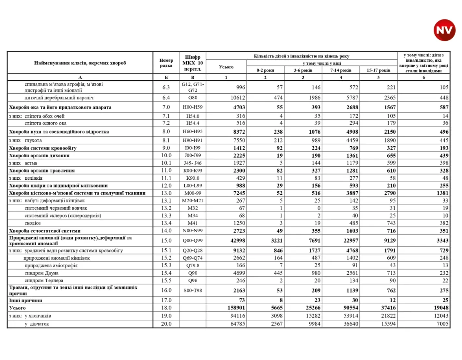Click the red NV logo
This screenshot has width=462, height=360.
(444, 30)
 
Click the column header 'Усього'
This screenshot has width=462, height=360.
(226, 67)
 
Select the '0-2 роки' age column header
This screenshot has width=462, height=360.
(265, 70)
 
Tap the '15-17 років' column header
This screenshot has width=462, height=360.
(378, 70)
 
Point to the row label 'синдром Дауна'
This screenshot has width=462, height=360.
(42, 273)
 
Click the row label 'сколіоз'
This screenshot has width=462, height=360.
(33, 223)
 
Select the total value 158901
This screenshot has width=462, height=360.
(236, 308)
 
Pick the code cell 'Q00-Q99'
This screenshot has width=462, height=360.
(192, 241)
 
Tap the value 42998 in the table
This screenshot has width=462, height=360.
(238, 241)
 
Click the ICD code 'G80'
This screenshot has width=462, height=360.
(192, 98)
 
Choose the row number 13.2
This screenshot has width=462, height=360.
(166, 208)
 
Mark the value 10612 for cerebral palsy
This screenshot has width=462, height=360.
(238, 98)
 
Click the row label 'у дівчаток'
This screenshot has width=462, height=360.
(37, 324)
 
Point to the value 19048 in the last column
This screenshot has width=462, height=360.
(441, 308)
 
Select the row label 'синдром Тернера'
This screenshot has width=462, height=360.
(44, 281)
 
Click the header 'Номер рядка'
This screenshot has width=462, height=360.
(166, 63)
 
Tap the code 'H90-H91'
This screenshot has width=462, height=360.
(192, 140)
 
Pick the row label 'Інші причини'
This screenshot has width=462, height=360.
(26, 300)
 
